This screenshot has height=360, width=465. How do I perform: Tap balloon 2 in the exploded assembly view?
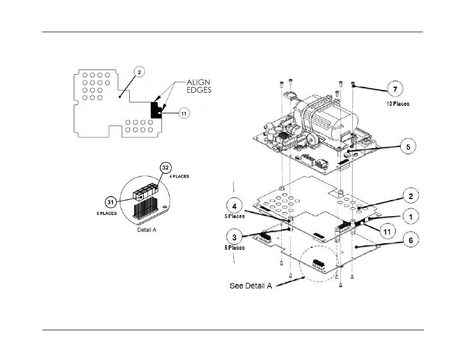(410, 196)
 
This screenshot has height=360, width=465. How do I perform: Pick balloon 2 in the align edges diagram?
(139, 72)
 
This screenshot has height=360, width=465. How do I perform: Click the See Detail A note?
(251, 285)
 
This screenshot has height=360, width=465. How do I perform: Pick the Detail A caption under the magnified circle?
(146, 229)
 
